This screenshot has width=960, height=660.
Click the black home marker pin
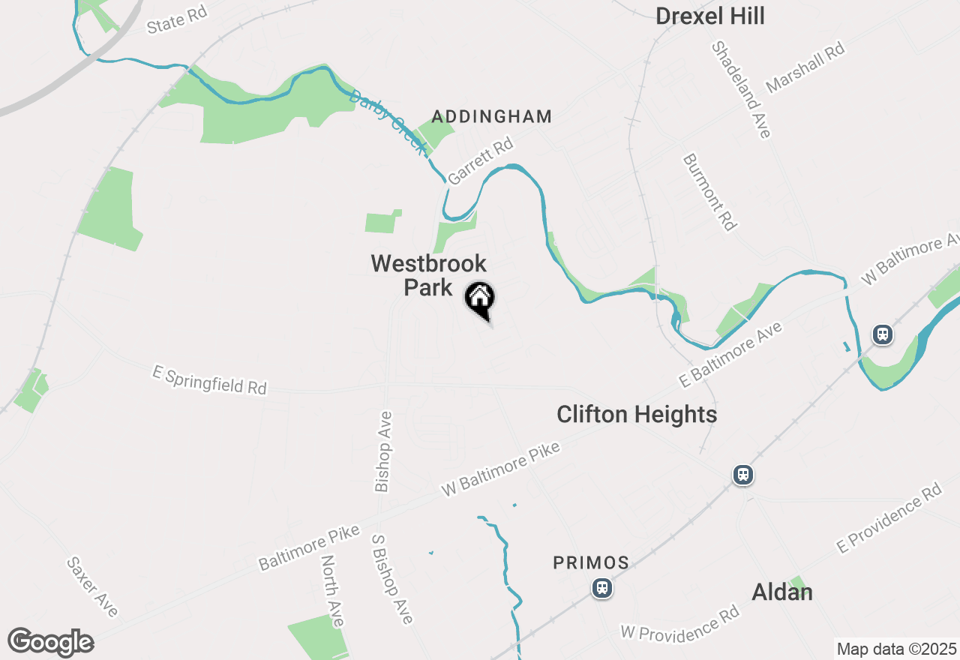point(480,299)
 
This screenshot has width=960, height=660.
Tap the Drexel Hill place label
point(710,16)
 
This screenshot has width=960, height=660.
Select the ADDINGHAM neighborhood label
point(492,116)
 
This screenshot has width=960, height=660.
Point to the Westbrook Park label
point(428,275)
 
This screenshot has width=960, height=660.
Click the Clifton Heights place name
point(637,414)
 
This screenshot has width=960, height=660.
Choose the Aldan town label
point(782,592)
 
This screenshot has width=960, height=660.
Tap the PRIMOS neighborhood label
point(591,562)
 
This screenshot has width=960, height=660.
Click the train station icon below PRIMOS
point(601,588)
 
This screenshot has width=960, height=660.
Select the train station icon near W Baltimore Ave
point(882,334)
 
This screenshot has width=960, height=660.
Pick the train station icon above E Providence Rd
point(742,475)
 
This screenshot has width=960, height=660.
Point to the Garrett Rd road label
point(480,160)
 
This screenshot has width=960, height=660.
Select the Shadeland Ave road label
point(741,89)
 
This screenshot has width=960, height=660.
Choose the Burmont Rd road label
point(709,192)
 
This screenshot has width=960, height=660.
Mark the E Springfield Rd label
point(209,381)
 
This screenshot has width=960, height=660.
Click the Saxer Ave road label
point(92,586)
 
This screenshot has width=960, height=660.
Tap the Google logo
point(50,642)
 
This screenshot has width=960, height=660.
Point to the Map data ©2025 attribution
point(896,649)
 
